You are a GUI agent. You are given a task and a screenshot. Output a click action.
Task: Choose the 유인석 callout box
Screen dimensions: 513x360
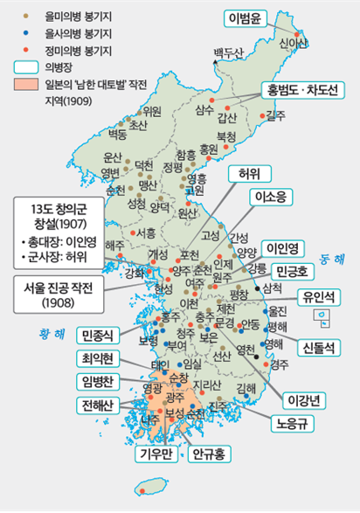(320, 297)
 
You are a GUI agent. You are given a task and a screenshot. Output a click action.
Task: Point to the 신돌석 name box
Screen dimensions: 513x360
(321, 347)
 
